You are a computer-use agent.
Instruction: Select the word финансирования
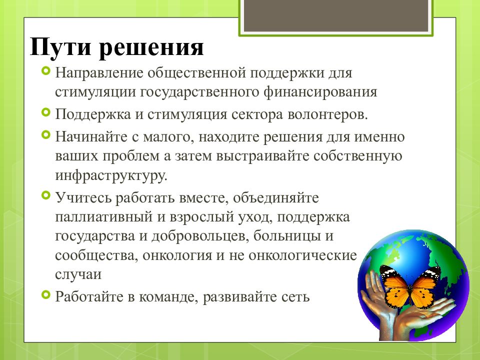(320, 92)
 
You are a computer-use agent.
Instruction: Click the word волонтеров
(327, 114)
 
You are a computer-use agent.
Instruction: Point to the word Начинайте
(91, 137)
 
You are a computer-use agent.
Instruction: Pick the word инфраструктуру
(111, 175)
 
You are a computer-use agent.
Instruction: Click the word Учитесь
(83, 197)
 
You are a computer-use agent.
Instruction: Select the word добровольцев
(200, 236)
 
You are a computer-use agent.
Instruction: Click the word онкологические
(302, 255)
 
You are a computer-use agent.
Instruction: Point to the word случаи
(78, 274)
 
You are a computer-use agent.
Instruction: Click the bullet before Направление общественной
(45, 72)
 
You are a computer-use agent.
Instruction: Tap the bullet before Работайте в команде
(45, 295)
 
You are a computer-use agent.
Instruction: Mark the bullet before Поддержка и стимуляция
(45, 112)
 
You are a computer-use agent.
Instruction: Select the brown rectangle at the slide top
(336, 15)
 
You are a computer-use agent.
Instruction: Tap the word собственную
(357, 156)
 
